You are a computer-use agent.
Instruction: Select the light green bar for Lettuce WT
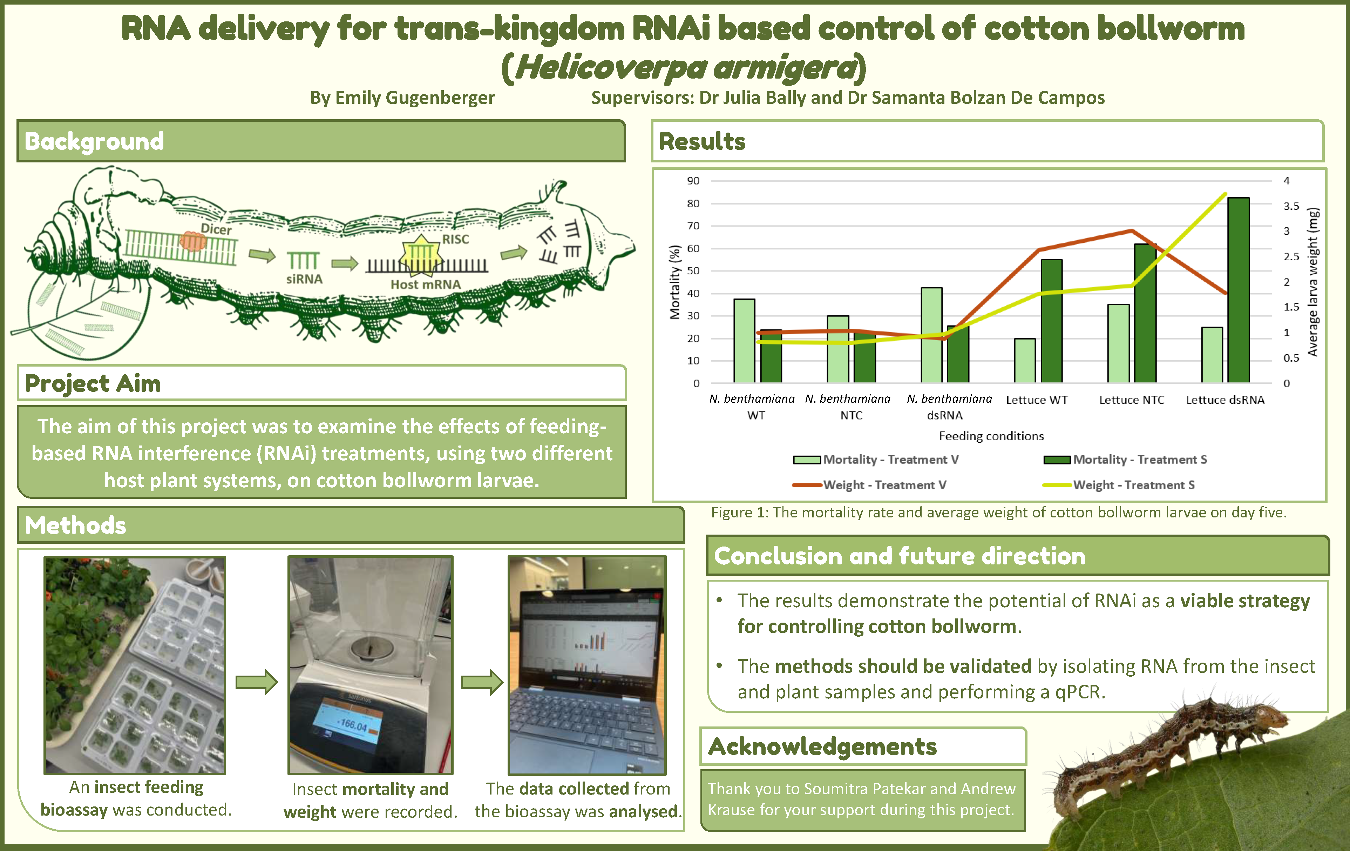1025,361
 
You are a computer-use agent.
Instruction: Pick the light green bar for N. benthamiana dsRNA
931,335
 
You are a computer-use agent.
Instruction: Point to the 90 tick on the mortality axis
693,181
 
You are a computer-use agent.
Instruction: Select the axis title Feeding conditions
991,436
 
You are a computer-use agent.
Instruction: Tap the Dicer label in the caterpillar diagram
216,229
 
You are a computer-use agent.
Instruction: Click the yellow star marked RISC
420,256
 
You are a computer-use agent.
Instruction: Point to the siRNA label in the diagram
304,279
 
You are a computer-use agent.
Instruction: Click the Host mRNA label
426,284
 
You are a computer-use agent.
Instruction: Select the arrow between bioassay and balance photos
256,682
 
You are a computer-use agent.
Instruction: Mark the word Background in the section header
94,141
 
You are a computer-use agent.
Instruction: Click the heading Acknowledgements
822,747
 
